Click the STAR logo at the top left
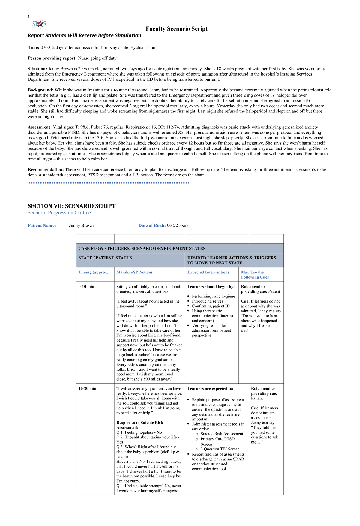tap(39, 25)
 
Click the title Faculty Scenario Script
tap(176, 29)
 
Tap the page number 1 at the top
tap(29, 17)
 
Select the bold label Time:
tap(34, 47)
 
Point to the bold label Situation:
tap(37, 69)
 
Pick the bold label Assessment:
tap(40, 127)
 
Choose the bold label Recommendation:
tap(46, 169)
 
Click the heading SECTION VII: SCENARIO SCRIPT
tap(71, 206)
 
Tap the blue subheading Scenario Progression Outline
tap(59, 213)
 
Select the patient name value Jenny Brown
tap(81, 226)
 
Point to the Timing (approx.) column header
tap(94, 272)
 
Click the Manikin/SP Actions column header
tap(134, 272)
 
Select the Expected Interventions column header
tap(208, 272)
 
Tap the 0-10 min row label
tap(86, 287)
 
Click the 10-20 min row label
tap(87, 389)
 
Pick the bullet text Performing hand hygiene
tap(213, 296)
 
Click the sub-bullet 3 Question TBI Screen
tap(220, 449)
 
